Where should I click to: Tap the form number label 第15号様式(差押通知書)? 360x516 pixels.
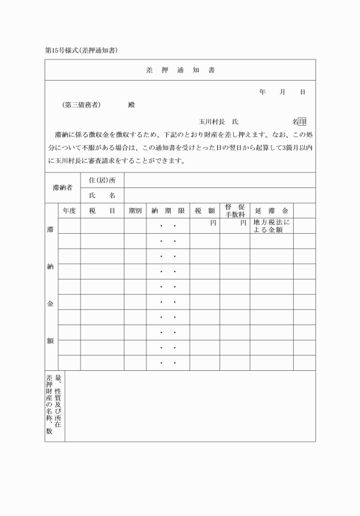pyautogui.click(x=81, y=50)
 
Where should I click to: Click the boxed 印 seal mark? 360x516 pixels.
pyautogui.click(x=302, y=122)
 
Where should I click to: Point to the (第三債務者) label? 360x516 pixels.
pyautogui.click(x=82, y=105)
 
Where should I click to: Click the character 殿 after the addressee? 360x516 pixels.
pyautogui.click(x=131, y=105)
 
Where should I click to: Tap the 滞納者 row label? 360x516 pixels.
pyautogui.click(x=62, y=187)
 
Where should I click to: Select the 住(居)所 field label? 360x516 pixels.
pyautogui.click(x=102, y=180)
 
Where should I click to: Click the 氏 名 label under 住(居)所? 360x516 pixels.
pyautogui.click(x=102, y=195)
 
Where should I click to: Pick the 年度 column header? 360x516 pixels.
pyautogui.click(x=69, y=210)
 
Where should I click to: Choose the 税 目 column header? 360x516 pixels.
pyautogui.click(x=102, y=210)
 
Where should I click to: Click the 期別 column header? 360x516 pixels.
pyautogui.click(x=135, y=210)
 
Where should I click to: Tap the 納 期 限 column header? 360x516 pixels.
pyautogui.click(x=168, y=210)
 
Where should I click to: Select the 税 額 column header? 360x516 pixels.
pyautogui.click(x=205, y=210)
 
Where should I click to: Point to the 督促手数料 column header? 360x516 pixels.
pyautogui.click(x=234, y=210)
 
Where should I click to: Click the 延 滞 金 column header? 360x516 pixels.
pyautogui.click(x=271, y=210)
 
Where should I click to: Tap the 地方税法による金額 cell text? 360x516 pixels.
pyautogui.click(x=271, y=226)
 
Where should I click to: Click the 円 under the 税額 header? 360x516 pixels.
pyautogui.click(x=213, y=222)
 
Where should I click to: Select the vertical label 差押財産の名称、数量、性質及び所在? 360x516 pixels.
pyautogui.click(x=54, y=406)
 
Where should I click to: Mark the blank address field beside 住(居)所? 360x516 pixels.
pyautogui.click(x=219, y=180)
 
